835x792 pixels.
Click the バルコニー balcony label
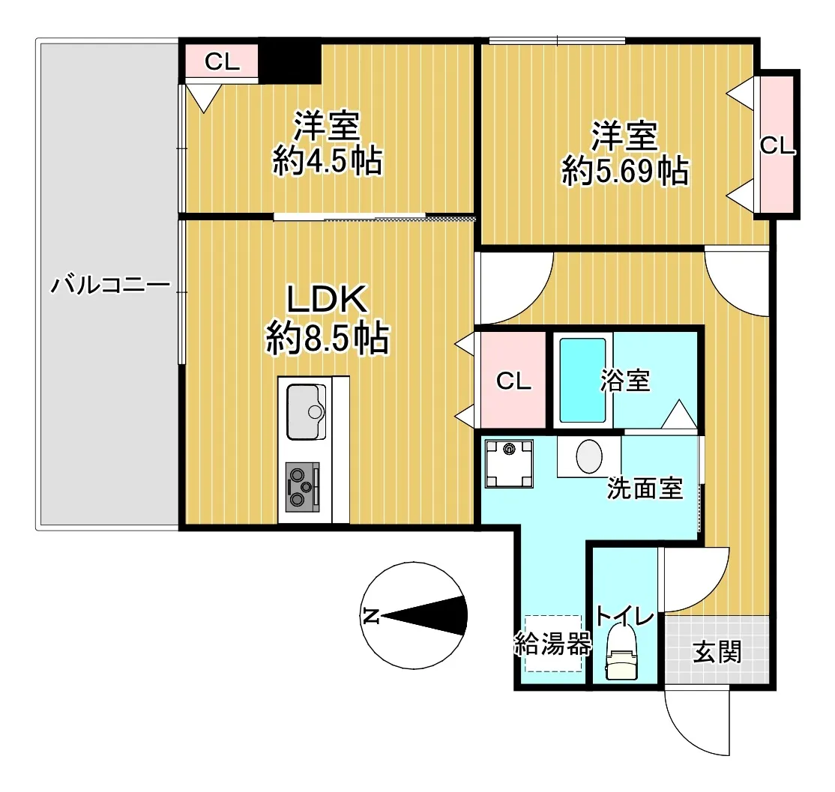tap(110, 285)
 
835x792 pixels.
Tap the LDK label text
tap(327, 299)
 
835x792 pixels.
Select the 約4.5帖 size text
tap(328, 160)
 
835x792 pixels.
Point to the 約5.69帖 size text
tap(625, 171)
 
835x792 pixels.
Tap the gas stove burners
tap(302, 487)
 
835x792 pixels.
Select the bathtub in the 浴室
tap(582, 380)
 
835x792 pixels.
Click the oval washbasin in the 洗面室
tap(589, 456)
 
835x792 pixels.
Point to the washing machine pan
tap(509, 464)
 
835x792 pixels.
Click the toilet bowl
tap(621, 651)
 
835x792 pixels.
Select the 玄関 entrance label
tap(717, 651)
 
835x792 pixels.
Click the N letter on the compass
tap(370, 615)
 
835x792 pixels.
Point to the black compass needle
tap(424, 616)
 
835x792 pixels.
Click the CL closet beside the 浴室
tap(513, 379)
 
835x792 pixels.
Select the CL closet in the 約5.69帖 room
tap(777, 145)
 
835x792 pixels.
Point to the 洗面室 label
tap(645, 488)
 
